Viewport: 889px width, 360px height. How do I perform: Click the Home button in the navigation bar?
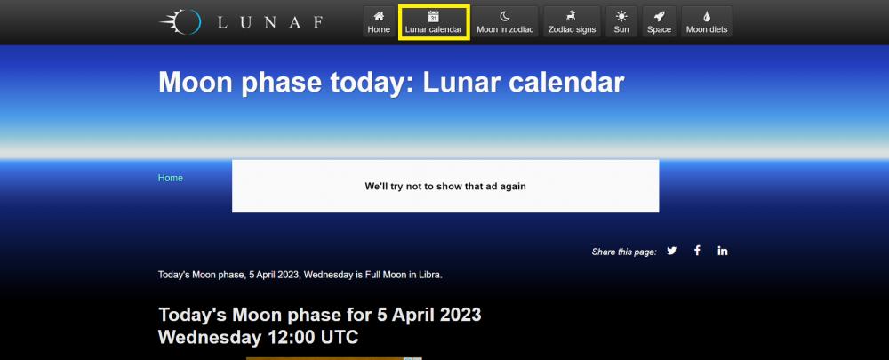[x=379, y=22]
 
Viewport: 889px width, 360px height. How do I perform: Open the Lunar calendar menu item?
[x=433, y=22]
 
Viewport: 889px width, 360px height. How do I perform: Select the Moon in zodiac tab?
[x=505, y=22]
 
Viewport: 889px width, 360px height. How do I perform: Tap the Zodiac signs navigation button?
[x=572, y=22]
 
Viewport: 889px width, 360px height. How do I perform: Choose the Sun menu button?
[x=621, y=22]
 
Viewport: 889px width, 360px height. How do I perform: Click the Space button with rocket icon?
[x=659, y=22]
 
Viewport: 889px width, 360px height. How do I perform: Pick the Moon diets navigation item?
[x=707, y=22]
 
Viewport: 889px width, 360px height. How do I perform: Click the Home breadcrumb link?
[x=170, y=178]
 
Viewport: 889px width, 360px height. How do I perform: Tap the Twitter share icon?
[x=672, y=251]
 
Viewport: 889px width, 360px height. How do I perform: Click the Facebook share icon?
[x=697, y=251]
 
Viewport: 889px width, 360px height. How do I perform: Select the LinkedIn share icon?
[x=722, y=251]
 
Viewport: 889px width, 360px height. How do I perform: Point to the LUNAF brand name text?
[x=270, y=23]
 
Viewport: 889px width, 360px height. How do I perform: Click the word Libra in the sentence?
[x=429, y=275]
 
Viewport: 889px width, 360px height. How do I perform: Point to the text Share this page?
[x=624, y=252]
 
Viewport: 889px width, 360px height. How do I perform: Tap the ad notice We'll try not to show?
[x=445, y=186]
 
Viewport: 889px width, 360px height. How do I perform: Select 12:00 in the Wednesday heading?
[x=290, y=337]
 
